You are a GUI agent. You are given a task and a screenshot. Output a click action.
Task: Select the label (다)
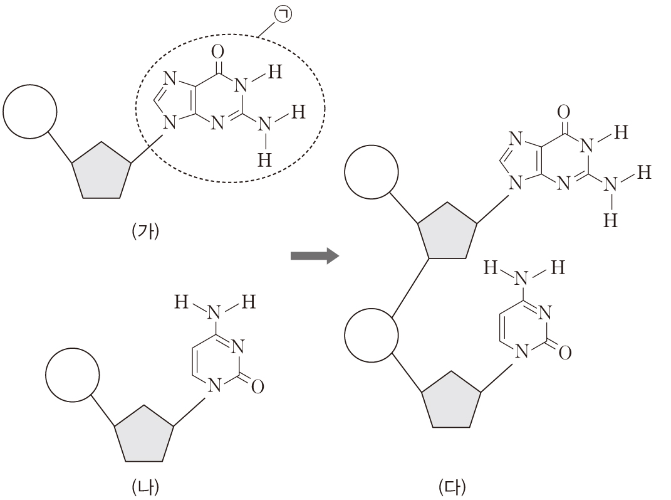point(452,487)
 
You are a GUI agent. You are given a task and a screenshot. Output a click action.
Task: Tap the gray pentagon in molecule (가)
point(101,170)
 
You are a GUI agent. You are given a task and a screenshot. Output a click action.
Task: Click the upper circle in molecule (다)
point(372,173)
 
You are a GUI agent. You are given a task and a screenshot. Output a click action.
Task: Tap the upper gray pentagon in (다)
point(447,230)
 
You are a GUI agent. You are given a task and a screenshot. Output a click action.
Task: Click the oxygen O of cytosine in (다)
point(564,354)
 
